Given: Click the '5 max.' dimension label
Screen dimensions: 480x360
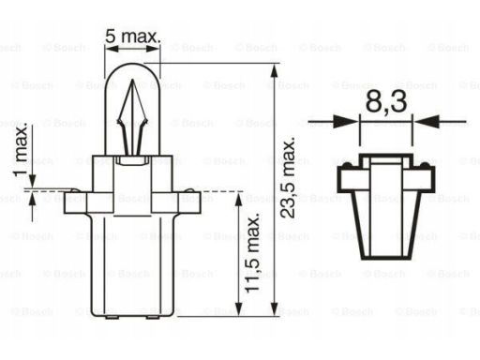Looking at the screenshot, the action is tap(133, 37).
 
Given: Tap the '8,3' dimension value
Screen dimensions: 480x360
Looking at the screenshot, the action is tap(386, 101).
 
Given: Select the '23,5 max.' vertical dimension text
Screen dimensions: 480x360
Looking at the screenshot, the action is tap(288, 177).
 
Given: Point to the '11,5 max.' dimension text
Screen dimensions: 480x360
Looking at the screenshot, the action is tap(252, 253).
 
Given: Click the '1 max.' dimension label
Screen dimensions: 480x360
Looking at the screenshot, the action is tap(22, 151).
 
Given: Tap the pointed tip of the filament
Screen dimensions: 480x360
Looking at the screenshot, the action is tap(132, 80).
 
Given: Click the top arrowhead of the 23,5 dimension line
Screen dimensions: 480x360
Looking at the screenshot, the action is tap(274, 70).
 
